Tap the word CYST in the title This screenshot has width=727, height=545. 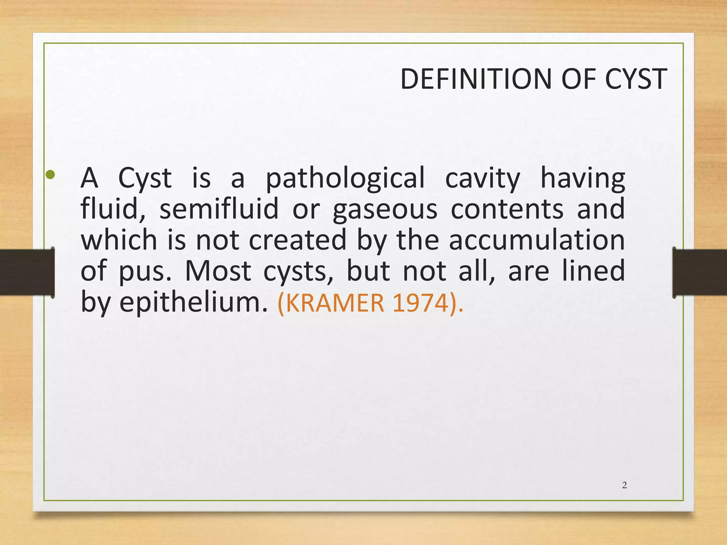(636, 79)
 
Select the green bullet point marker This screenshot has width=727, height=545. (50, 174)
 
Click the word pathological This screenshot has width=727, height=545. (345, 179)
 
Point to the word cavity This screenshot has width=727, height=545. (482, 179)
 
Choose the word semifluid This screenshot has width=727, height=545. (219, 209)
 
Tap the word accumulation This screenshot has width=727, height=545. (537, 240)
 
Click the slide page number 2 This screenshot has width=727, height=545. (624, 485)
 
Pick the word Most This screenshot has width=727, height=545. (218, 271)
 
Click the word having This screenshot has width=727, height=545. (583, 179)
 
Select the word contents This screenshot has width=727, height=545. (507, 209)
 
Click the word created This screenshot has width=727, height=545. (297, 240)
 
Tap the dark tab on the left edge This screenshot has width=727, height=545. (27, 272)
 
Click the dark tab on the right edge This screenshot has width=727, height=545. (700, 272)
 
